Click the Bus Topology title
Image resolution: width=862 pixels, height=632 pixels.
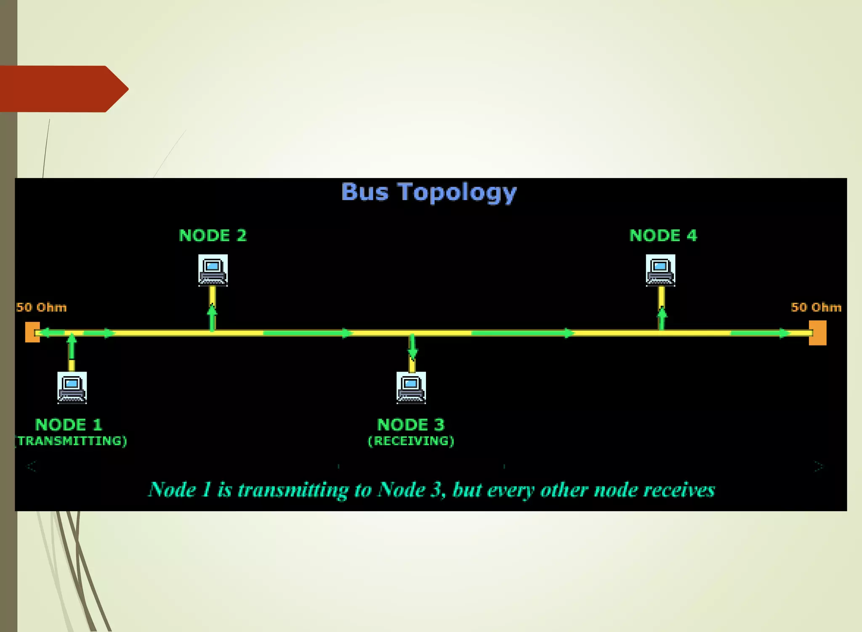point(428,192)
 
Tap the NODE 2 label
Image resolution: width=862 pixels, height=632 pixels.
point(213,236)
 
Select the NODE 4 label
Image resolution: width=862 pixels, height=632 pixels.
point(663,236)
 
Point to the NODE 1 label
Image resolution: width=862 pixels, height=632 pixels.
point(69,425)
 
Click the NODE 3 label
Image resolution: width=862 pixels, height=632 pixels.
point(411,425)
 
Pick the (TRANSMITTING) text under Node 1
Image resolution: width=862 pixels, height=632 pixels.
point(72,441)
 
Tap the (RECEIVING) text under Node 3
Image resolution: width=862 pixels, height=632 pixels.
point(411,441)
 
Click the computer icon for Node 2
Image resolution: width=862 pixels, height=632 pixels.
point(213,270)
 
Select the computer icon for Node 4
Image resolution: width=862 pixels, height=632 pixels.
point(660,270)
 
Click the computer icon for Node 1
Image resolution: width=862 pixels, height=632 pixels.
point(72,388)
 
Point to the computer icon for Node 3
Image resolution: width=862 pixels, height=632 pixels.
point(411,388)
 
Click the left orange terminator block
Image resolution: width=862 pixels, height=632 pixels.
point(32,332)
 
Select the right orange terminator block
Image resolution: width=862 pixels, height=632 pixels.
point(817,333)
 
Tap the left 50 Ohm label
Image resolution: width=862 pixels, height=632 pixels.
point(41,307)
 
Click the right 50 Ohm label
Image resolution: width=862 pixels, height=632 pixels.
point(816,307)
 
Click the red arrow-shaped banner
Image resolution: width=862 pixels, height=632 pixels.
point(63,89)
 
